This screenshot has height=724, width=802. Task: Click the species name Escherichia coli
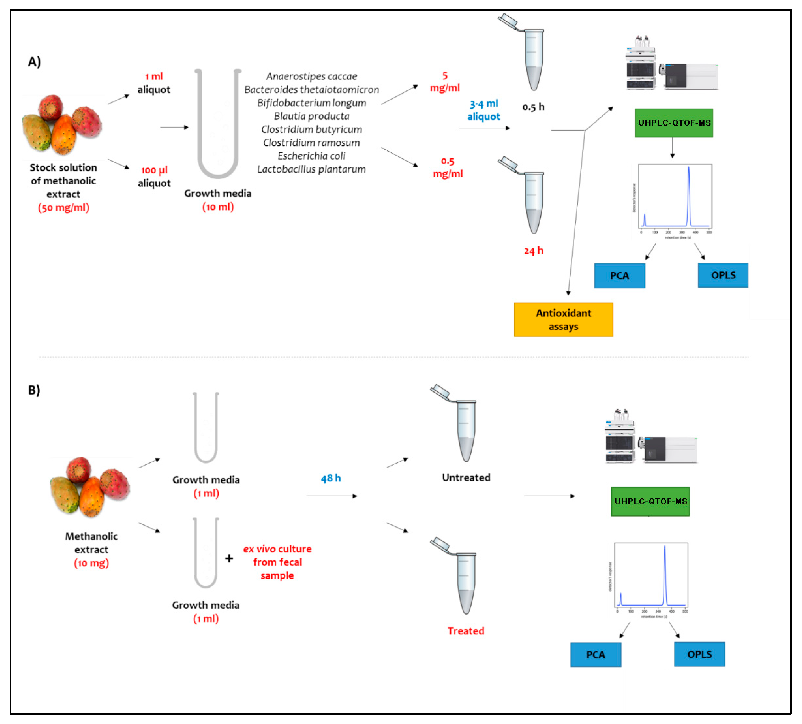coord(311,156)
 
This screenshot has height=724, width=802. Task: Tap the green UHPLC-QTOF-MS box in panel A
coord(674,123)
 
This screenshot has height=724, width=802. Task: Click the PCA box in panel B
coord(595,654)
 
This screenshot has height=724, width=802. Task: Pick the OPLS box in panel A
coord(723,275)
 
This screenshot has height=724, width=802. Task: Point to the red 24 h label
coord(533,251)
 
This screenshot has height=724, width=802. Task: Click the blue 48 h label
coord(331,478)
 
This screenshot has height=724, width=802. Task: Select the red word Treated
coord(466,630)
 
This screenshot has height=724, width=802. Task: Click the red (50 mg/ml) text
coord(64,208)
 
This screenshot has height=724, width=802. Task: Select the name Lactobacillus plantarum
coord(311,169)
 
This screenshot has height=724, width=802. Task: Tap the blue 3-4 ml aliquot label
coord(483,110)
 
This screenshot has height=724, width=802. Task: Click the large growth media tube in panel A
coord(218,123)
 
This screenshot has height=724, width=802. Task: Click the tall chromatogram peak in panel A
coord(689,191)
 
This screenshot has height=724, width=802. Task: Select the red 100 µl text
coord(154,170)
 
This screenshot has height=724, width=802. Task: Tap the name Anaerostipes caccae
coord(311,76)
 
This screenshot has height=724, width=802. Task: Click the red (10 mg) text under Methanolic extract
coord(91,563)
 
